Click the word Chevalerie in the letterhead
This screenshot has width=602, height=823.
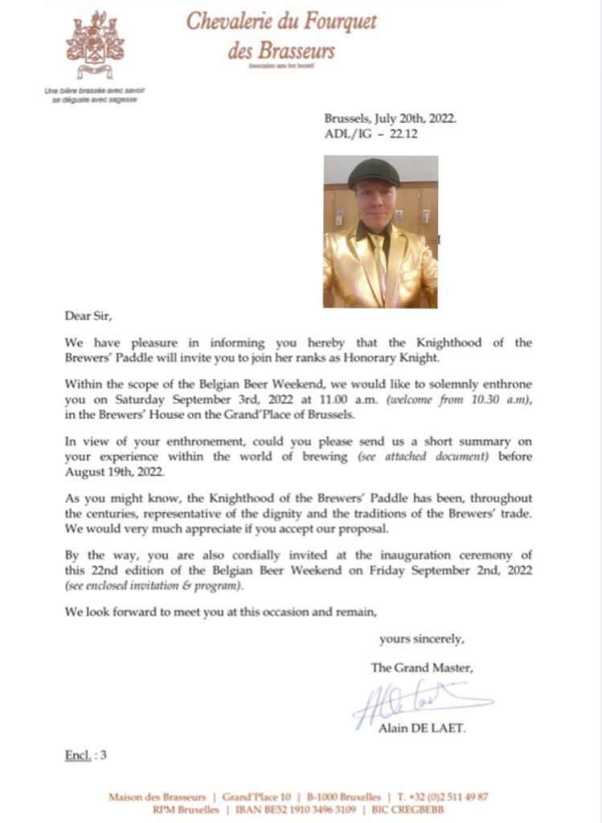click(x=232, y=21)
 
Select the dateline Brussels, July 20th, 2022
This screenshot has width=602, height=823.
click(x=390, y=117)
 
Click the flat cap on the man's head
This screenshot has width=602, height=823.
click(x=374, y=171)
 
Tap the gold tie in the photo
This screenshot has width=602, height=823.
click(x=379, y=261)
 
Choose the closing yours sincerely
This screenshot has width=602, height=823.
click(x=421, y=640)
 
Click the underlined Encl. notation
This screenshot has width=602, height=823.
click(x=79, y=755)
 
